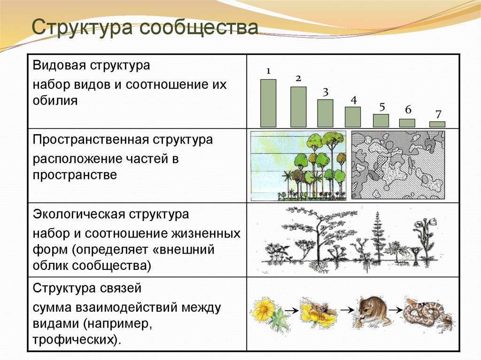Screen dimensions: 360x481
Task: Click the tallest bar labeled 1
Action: [x=268, y=103]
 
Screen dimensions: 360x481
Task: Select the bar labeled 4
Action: [x=353, y=117]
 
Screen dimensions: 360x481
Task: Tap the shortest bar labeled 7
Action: [x=437, y=124]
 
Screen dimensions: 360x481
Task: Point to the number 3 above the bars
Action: [x=325, y=92]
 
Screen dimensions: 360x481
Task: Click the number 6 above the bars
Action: [x=408, y=110]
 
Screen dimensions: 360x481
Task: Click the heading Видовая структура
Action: [x=91, y=65]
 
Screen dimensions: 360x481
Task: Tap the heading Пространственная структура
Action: [x=123, y=140]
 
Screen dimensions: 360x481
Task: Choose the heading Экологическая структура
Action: [x=111, y=214]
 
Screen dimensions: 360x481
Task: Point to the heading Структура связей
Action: [x=87, y=287]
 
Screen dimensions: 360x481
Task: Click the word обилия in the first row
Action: [x=55, y=100]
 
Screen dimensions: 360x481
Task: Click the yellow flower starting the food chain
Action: [x=264, y=310]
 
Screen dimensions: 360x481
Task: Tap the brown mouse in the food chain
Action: [x=373, y=311]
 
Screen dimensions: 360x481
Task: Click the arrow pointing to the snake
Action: [x=395, y=310]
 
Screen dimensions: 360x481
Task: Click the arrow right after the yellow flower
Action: [x=292, y=310]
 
